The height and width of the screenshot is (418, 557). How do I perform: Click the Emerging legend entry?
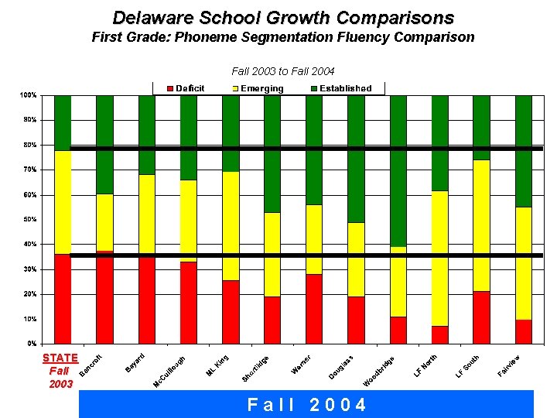tap(257, 88)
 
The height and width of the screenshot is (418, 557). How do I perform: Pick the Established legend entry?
tap(340, 88)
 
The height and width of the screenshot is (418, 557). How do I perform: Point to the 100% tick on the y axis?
tap(28, 95)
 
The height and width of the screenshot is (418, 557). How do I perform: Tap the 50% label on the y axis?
tap(28, 219)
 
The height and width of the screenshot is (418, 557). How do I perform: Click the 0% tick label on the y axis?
tap(30, 343)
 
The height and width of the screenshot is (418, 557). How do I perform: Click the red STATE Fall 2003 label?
tap(60, 370)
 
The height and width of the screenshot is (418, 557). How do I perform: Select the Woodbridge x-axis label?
tap(380, 371)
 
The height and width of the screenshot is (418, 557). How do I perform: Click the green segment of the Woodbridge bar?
tap(398, 170)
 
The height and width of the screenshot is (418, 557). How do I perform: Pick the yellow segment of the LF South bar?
tap(481, 224)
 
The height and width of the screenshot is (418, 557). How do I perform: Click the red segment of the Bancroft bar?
tap(104, 297)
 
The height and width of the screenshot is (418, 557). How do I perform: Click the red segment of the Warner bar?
tap(313, 308)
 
